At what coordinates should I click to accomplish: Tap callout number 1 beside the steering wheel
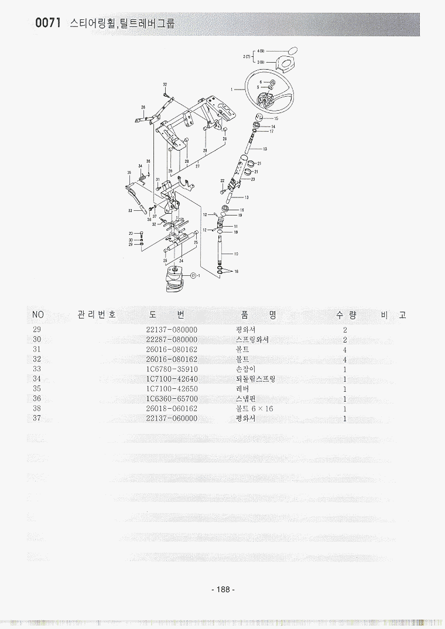232,89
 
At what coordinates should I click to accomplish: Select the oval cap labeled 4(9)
292,50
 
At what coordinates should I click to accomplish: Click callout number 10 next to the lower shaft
236,254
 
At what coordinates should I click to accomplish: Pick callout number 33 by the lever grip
129,210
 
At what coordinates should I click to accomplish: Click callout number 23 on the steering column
252,179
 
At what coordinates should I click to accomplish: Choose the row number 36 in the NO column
37,398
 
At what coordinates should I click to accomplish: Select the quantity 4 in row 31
345,350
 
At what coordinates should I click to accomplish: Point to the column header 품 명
258,315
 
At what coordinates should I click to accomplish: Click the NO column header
37,315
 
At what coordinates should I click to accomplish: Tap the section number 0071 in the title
49,23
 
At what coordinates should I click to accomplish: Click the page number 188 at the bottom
222,590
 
